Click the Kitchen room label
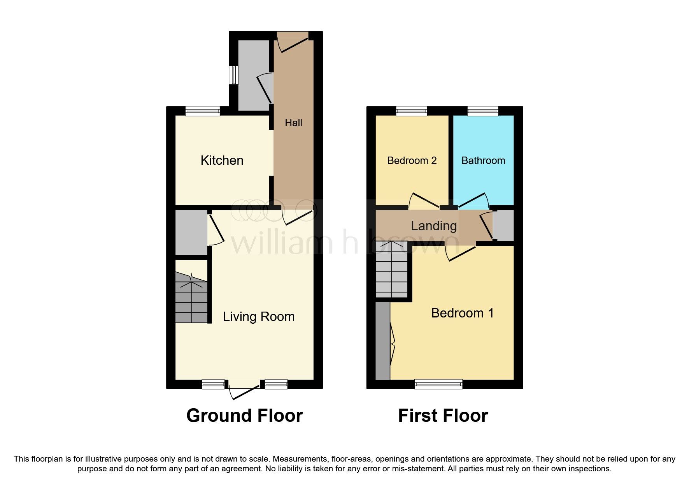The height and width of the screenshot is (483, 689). click(x=222, y=160)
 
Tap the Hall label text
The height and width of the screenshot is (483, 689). click(x=293, y=123)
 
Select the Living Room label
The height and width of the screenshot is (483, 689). click(x=258, y=316)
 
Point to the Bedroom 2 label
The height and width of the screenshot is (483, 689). click(x=412, y=160)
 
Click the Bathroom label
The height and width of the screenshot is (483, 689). click(x=483, y=160)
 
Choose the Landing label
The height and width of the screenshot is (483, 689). click(x=434, y=226)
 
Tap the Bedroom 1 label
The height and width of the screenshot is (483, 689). click(x=462, y=313)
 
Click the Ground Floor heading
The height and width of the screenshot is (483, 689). click(x=244, y=416)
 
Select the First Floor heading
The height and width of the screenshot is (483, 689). click(x=443, y=416)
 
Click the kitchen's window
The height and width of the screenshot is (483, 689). click(x=203, y=111)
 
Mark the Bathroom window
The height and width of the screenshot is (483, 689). click(x=482, y=111)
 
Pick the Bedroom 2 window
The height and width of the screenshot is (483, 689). click(x=412, y=111)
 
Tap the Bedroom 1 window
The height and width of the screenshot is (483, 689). click(x=438, y=384)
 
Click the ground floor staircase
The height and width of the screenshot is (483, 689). click(x=191, y=298)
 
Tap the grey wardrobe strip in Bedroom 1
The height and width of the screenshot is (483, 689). click(x=382, y=341)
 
